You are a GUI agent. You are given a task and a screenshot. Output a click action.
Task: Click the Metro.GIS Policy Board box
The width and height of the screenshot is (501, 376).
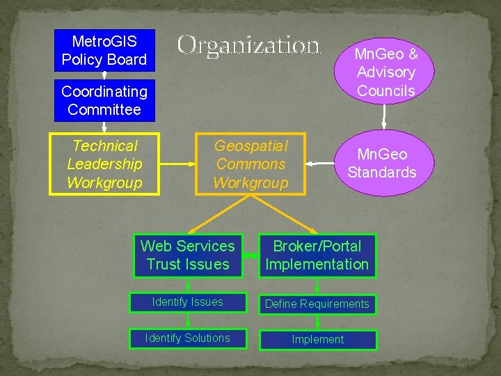click(104, 50)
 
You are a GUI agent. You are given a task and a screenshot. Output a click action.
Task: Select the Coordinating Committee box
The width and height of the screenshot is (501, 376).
click(104, 100)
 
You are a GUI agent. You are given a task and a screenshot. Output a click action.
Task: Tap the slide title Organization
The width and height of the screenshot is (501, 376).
click(248, 46)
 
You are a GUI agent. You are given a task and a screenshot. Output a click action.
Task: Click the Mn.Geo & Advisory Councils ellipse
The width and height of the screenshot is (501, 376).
click(385, 72)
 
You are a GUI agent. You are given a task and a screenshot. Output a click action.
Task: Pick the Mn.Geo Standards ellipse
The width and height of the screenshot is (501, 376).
click(381, 163)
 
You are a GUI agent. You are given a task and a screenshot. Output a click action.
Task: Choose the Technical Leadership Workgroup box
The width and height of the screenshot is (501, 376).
click(104, 164)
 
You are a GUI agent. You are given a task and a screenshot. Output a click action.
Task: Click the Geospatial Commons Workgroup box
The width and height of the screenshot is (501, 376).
click(250, 164)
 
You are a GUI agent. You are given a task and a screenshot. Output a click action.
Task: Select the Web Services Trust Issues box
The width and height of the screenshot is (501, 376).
click(188, 255)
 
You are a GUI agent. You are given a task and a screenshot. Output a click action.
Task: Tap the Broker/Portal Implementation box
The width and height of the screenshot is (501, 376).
click(317, 255)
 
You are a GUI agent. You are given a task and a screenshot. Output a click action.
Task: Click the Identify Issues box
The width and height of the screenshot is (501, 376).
click(188, 302)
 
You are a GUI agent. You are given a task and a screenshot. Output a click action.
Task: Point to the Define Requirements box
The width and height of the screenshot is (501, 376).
click(317, 304)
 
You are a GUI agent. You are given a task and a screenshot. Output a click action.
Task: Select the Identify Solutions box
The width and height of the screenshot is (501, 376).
click(188, 338)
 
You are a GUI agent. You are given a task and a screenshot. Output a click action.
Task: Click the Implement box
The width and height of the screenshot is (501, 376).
click(317, 340)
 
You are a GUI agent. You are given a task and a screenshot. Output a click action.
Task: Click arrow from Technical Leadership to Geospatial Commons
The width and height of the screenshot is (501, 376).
click(177, 164)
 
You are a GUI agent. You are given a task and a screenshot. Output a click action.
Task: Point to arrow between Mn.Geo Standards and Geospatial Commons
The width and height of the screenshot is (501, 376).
click(321, 164)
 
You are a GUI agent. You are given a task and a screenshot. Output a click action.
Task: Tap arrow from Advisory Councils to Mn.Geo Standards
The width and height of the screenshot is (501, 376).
click(383, 116)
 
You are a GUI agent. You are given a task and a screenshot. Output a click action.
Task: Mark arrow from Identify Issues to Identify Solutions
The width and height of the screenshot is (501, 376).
click(188, 320)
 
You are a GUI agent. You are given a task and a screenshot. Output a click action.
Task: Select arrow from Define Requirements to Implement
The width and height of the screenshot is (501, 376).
click(318, 322)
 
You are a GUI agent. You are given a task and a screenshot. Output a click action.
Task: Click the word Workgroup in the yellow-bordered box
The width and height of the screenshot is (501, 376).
click(104, 183)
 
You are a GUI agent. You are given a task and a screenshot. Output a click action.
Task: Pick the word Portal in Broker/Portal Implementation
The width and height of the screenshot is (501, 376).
click(342, 246)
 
